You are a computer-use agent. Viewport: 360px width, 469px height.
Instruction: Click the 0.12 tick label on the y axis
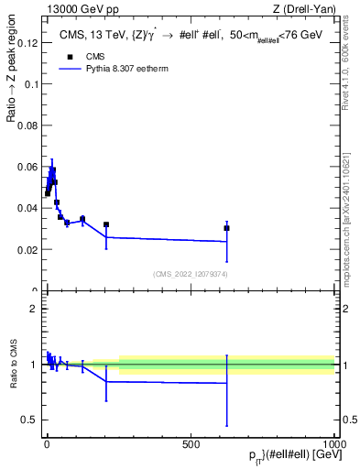(x=28, y=42)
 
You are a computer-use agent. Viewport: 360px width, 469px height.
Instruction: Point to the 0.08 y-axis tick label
(x=28, y=125)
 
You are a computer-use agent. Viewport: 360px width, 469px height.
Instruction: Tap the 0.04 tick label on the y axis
(x=28, y=208)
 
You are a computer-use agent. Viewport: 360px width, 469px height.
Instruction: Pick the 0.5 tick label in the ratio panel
(x=31, y=420)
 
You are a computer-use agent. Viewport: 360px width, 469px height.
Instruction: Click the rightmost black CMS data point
(x=226, y=228)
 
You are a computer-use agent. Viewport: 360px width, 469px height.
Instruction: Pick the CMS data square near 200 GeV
(x=106, y=224)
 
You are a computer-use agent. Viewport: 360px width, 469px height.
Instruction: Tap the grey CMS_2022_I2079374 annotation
(x=191, y=273)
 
